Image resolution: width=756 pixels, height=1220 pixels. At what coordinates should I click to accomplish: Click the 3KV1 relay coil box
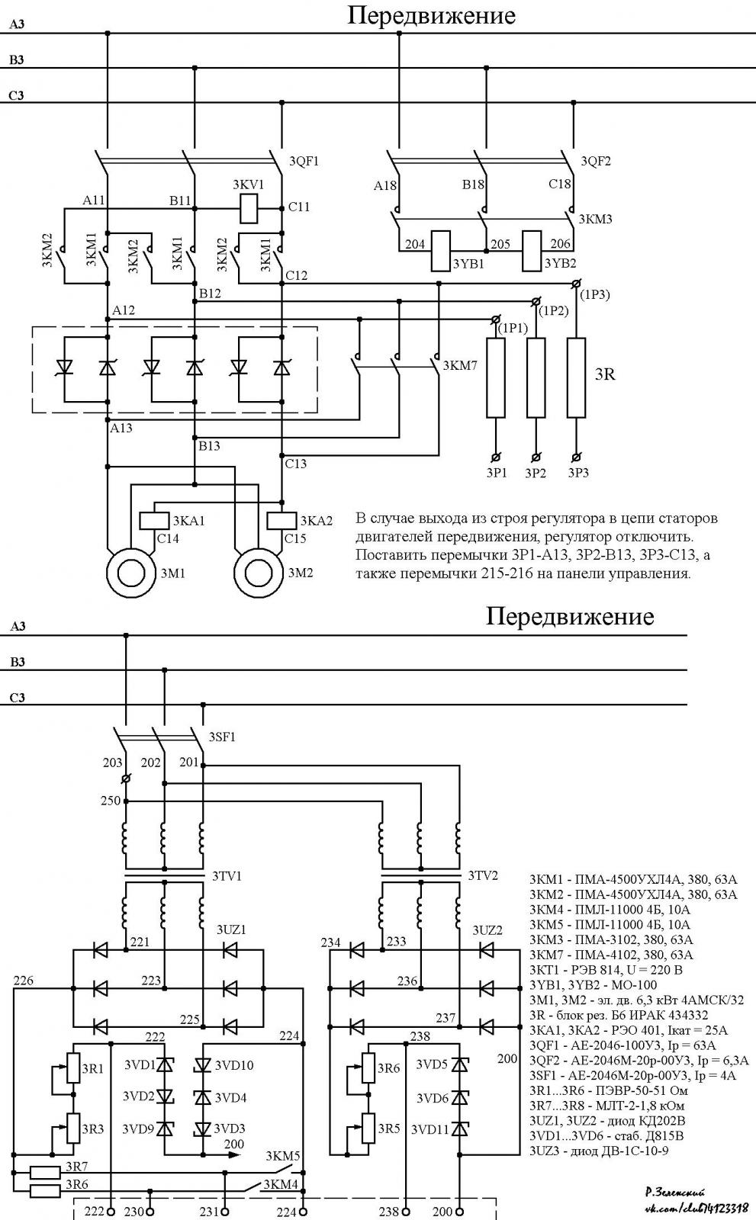(x=249, y=208)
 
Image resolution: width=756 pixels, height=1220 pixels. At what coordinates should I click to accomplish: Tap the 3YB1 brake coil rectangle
(x=441, y=251)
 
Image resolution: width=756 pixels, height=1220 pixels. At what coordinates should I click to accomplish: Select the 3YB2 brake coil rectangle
(x=532, y=251)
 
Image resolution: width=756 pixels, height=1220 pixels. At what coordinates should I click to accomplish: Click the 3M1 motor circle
(x=130, y=573)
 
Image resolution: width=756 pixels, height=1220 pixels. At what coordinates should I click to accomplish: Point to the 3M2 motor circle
(x=259, y=573)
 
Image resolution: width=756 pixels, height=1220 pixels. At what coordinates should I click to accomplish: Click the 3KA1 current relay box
(x=154, y=521)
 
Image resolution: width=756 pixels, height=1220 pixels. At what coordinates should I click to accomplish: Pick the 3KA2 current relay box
(x=281, y=521)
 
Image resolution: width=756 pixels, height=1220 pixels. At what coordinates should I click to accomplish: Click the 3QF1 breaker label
(x=304, y=161)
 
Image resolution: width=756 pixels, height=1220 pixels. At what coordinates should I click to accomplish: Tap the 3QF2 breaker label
(x=596, y=161)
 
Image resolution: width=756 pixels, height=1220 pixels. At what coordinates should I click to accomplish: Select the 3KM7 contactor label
(x=460, y=365)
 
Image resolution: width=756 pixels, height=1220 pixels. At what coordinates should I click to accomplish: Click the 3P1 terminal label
(x=497, y=473)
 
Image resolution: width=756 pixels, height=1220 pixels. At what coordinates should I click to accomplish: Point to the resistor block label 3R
(x=605, y=374)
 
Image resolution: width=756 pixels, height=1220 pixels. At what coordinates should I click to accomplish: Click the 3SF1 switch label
(x=222, y=737)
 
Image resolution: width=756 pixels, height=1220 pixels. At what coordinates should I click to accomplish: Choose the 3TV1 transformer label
(x=227, y=876)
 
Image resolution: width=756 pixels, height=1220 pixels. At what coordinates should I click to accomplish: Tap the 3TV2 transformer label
(x=483, y=876)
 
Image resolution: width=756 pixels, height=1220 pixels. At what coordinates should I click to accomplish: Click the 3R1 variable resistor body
(x=73, y=1068)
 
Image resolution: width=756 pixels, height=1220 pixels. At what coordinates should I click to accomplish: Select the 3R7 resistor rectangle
(x=45, y=1172)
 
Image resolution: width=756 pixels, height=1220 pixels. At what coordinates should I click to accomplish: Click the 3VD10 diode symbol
(x=203, y=1065)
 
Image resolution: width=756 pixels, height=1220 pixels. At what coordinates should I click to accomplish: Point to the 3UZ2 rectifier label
(x=487, y=930)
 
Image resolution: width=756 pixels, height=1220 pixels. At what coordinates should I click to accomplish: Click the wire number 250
(x=111, y=801)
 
